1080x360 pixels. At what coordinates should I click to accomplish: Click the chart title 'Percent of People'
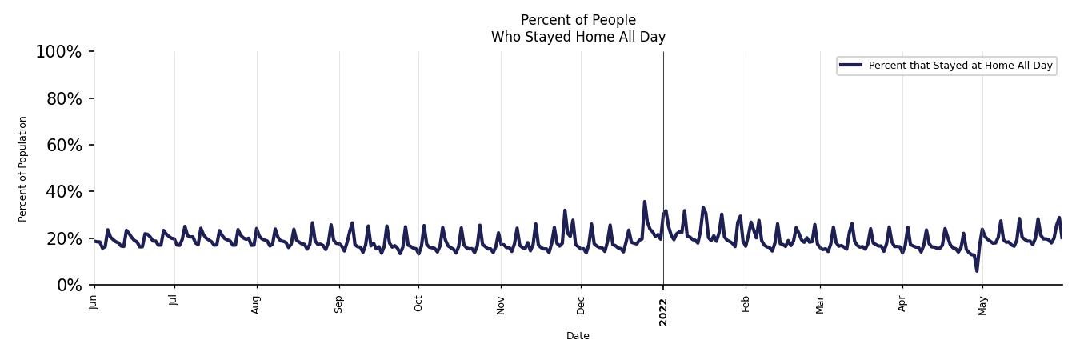pos(578,20)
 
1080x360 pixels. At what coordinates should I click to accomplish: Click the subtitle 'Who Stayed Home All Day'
pos(578,37)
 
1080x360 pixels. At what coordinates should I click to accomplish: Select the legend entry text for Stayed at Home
pos(960,66)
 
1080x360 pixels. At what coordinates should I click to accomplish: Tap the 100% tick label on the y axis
pos(58,52)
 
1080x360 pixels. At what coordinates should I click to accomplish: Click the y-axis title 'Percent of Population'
pos(23,169)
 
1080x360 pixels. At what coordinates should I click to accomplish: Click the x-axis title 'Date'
pos(578,336)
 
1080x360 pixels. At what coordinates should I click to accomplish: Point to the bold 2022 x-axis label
pos(663,311)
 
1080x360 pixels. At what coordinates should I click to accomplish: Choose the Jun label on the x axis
pos(94,302)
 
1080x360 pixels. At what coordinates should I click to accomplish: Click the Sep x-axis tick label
pos(339,304)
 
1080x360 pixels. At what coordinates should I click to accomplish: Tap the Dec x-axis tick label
pos(582,304)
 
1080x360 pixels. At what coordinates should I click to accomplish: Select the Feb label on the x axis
pos(746,304)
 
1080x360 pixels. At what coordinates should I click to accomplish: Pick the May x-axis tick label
pos(982,305)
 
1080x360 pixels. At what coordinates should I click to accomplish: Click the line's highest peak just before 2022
pos(644,202)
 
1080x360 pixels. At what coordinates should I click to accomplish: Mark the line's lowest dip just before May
pos(977,270)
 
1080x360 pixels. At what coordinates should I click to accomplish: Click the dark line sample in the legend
pos(850,66)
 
